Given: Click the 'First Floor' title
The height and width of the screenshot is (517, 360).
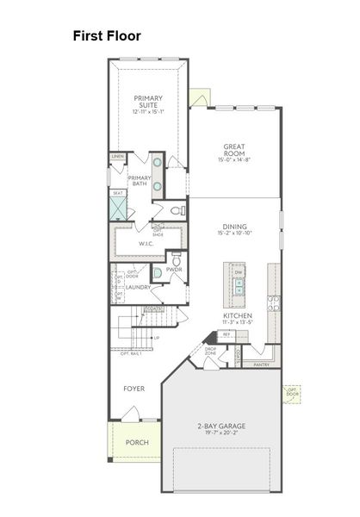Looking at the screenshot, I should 107,36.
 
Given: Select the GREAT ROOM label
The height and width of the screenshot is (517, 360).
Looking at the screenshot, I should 235,150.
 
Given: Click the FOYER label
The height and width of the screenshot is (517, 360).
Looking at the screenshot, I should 133,389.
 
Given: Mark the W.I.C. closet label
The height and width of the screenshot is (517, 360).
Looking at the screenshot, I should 146,244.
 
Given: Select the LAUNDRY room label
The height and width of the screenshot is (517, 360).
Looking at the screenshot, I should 139,287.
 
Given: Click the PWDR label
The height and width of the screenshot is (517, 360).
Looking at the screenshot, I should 173,270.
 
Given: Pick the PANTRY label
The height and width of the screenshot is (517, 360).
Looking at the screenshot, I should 262,364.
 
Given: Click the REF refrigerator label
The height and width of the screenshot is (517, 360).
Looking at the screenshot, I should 226,333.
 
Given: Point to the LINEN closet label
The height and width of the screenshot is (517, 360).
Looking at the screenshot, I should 117,156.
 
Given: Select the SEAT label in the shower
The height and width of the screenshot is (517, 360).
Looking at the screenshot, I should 117,193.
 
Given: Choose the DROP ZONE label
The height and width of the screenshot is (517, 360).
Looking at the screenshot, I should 210,352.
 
